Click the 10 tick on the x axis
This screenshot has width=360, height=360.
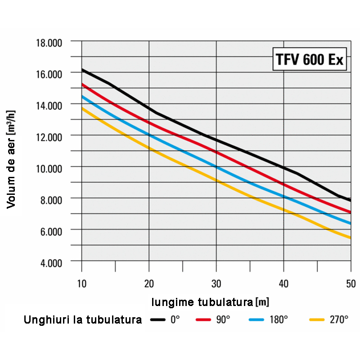tap(81, 283)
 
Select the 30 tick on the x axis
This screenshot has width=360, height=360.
tap(216, 283)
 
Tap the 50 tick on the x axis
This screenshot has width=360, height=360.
tap(351, 283)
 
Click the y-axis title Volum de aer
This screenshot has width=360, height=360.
tap(12, 160)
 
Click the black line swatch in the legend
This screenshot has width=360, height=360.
tap(158, 320)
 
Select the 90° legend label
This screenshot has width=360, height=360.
tap(222, 320)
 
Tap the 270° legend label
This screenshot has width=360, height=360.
tap(338, 320)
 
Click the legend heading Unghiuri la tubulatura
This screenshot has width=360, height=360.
tap(83, 320)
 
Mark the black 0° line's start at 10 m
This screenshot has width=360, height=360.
tap(82, 70)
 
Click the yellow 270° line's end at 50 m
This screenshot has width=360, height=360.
tap(350, 238)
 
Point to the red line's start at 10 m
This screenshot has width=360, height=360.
tap(82, 84)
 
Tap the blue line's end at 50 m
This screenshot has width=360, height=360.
tap(350, 223)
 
